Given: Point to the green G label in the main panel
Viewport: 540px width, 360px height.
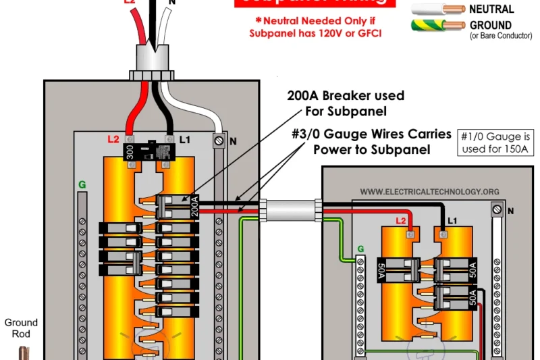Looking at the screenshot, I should (x=82, y=183).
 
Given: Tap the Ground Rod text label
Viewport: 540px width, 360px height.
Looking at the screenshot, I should (x=21, y=328).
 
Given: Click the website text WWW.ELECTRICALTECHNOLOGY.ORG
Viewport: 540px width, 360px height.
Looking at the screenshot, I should (x=429, y=192).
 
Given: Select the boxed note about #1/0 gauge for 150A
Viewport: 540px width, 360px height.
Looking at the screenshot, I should (x=493, y=141).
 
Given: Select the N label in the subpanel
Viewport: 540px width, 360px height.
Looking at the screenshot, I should (x=510, y=211).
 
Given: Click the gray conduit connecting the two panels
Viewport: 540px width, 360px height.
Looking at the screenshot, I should (x=290, y=210).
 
